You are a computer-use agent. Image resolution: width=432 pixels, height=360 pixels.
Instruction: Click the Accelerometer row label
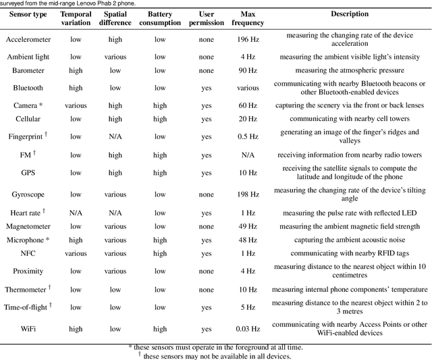coord(28,39)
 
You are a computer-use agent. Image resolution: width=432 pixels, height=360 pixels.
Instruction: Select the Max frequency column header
coord(248,18)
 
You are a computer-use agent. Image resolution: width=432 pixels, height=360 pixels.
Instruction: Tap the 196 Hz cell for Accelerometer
coord(248,39)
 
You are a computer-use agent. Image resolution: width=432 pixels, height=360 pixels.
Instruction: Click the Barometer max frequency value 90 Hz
coord(248,70)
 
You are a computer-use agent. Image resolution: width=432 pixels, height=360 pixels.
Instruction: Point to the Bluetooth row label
coord(28,88)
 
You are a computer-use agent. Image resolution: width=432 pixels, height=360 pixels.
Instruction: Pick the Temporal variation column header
coord(76,18)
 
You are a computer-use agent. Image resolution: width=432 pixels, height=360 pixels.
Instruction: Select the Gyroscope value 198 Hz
coord(248,195)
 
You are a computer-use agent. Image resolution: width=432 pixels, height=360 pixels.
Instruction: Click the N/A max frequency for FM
coord(248,155)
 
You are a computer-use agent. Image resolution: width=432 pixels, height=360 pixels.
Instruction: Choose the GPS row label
coord(28,173)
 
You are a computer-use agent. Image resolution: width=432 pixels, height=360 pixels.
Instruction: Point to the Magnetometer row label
coord(28,226)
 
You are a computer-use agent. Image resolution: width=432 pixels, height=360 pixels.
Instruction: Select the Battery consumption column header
coord(160,18)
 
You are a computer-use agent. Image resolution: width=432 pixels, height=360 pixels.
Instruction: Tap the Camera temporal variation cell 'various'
coord(76,105)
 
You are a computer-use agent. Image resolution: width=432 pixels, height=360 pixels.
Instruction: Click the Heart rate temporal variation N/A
coord(76,213)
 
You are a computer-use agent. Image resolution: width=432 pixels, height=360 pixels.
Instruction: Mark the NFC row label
coord(28,253)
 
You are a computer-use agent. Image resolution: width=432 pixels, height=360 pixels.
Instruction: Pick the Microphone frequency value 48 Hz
coord(248,240)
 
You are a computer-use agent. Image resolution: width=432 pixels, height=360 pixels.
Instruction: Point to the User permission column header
coord(207,18)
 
